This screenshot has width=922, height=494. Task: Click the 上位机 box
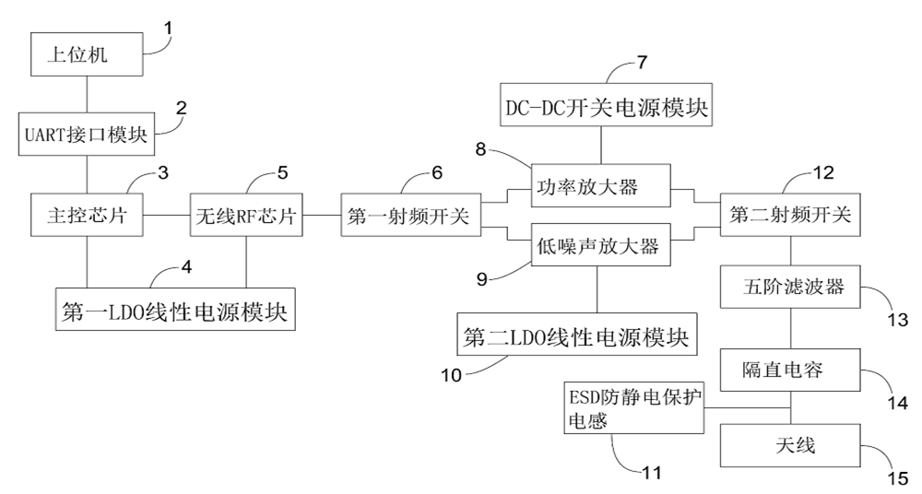86,55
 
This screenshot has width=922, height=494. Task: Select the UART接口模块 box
85,135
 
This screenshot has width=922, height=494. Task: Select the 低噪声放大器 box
601,247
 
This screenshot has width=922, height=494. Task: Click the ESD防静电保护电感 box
633,407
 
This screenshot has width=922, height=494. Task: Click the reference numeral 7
643,63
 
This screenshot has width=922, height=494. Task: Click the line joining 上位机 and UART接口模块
86,94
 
